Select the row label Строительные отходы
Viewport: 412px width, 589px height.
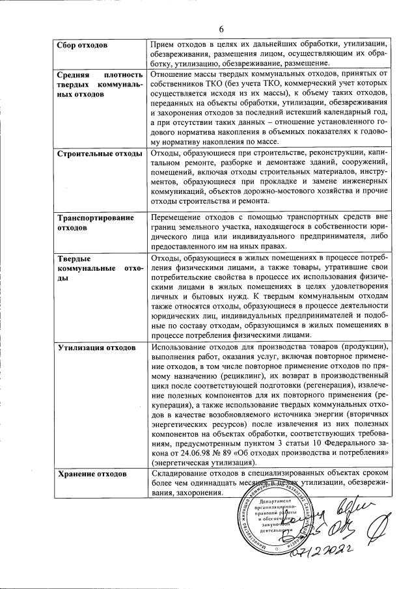coord(100,154)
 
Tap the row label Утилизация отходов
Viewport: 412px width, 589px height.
coord(97,348)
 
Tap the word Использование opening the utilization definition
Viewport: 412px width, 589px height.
coord(181,348)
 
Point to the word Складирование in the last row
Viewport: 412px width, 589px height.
coord(180,473)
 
